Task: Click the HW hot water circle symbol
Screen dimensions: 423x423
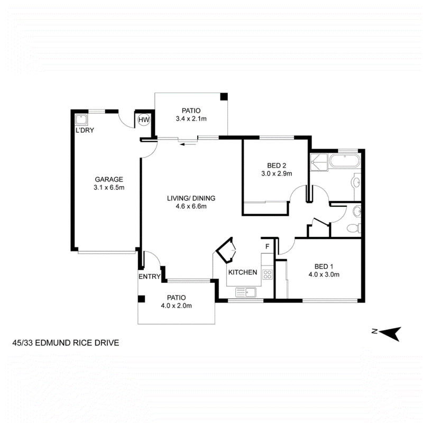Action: pyautogui.click(x=144, y=120)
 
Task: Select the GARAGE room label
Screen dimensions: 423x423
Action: pyautogui.click(x=109, y=179)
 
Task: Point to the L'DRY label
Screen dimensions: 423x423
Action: pyautogui.click(x=85, y=130)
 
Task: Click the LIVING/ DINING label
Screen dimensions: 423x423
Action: pyautogui.click(x=191, y=198)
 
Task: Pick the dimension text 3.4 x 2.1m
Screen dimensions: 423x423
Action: pyautogui.click(x=191, y=118)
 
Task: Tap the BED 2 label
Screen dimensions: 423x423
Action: pyautogui.click(x=277, y=165)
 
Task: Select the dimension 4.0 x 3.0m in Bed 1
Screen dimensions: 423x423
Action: pyautogui.click(x=324, y=274)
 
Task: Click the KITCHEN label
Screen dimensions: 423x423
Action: pyautogui.click(x=243, y=272)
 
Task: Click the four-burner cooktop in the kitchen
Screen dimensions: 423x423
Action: pyautogui.click(x=268, y=274)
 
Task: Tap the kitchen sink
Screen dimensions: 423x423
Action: pyautogui.click(x=246, y=292)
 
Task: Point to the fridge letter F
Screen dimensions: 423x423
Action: pyautogui.click(x=268, y=246)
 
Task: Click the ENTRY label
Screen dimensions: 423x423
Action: pyautogui.click(x=150, y=277)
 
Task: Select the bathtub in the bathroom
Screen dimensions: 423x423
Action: pyautogui.click(x=345, y=161)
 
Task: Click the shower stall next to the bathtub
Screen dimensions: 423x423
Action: pyautogui.click(x=319, y=162)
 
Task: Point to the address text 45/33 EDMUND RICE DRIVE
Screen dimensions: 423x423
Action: pyautogui.click(x=66, y=343)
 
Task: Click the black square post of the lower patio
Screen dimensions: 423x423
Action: pyautogui.click(x=141, y=299)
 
